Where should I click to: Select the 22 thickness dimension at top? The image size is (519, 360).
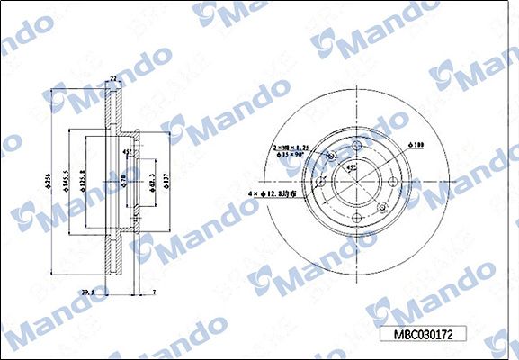(113, 80)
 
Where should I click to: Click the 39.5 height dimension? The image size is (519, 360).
(87, 292)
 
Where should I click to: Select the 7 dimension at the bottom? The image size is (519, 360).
(154, 292)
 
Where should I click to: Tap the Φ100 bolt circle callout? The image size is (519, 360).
(416, 144)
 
